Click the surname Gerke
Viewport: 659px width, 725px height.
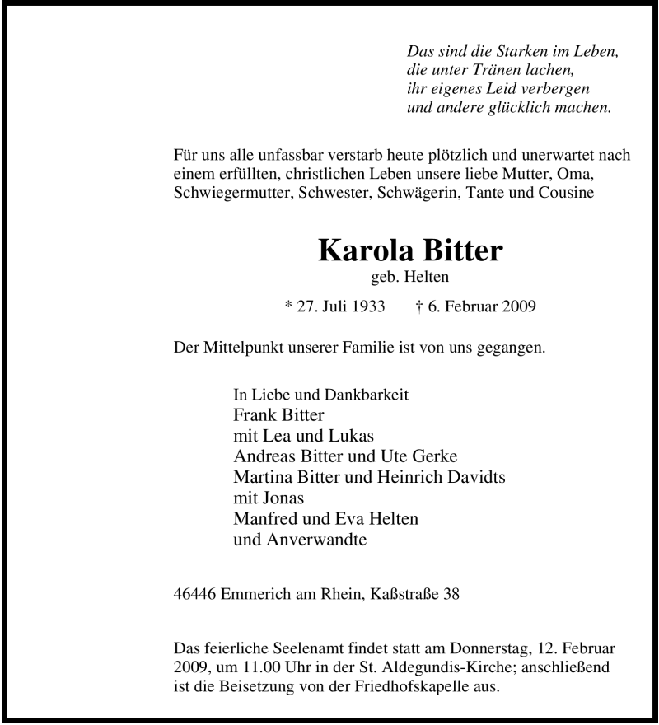433,456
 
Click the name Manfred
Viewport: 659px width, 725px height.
267,520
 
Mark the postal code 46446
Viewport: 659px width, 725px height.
196,592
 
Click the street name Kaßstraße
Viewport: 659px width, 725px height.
405,592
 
